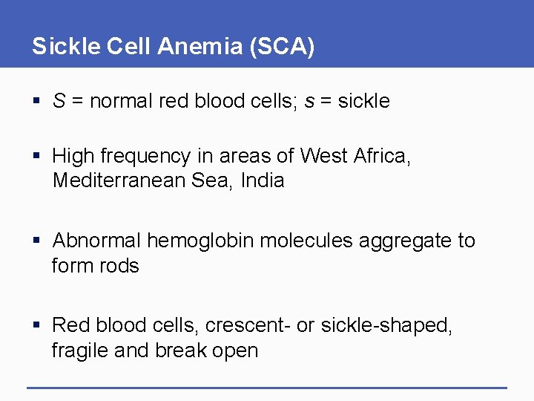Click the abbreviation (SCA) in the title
[282, 47]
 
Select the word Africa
[381, 156]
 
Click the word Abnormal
[96, 241]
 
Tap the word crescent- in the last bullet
[248, 325]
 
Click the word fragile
[78, 350]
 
